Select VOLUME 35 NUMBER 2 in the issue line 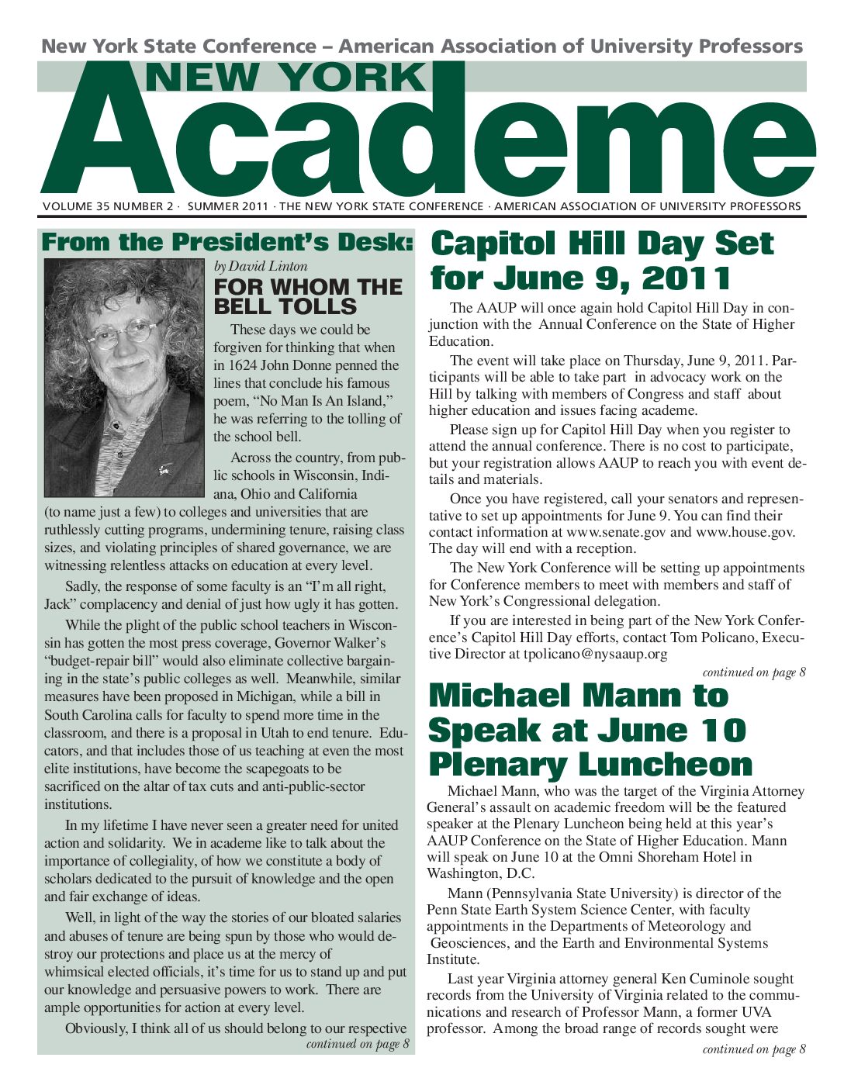(x=108, y=206)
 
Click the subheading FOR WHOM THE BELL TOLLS (x=308, y=296)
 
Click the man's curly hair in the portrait (x=116, y=287)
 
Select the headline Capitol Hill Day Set (x=602, y=244)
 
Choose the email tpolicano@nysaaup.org (x=595, y=654)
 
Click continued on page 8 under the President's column (x=358, y=1044)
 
